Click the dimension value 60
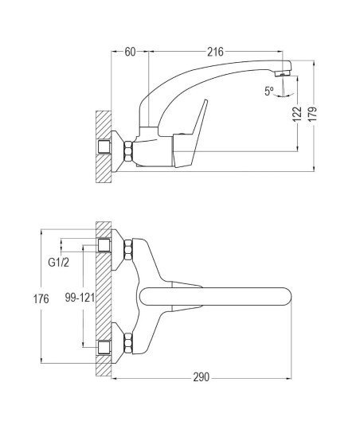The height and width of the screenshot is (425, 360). [x=130, y=52]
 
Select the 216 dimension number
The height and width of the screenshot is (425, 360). [x=215, y=52]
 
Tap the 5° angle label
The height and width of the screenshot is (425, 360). [x=269, y=91]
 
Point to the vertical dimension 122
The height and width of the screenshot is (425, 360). [x=297, y=114]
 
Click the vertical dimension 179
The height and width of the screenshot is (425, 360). [x=312, y=114]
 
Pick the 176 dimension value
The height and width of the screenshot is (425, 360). [x=41, y=299]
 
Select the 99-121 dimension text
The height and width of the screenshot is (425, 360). [x=80, y=298]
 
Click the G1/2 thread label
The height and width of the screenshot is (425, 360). [x=59, y=263]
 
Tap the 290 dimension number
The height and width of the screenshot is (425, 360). [x=202, y=377]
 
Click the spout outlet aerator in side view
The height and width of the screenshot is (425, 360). [x=282, y=73]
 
